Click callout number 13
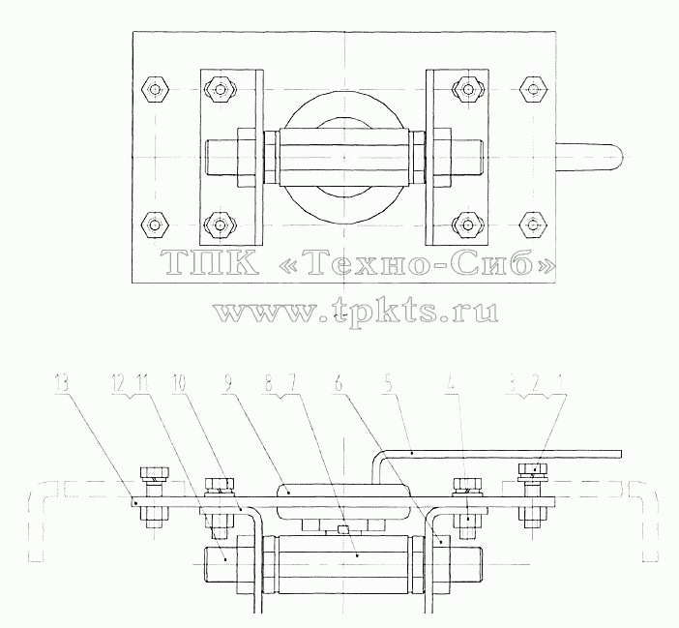62,384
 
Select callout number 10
178,384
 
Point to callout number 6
339,384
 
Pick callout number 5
389,384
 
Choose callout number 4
452,384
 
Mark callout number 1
562,384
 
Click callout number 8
269,384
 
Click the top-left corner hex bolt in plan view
155,90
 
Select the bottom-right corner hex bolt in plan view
533,224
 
